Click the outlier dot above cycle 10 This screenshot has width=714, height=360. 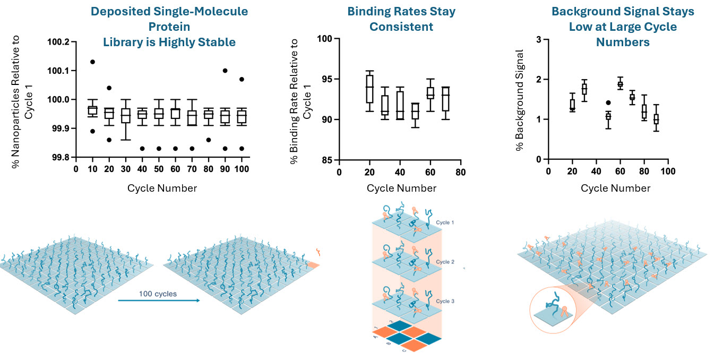point(92,62)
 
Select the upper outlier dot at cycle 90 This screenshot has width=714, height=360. point(225,71)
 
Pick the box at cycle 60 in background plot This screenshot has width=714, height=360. point(620,84)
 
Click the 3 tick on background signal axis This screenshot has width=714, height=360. point(538,39)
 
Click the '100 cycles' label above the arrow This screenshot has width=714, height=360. point(158,293)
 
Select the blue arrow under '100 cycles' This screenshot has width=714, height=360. point(158,301)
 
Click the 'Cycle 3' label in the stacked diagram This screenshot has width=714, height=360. point(445,301)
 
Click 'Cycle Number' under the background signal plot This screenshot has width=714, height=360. point(615,188)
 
